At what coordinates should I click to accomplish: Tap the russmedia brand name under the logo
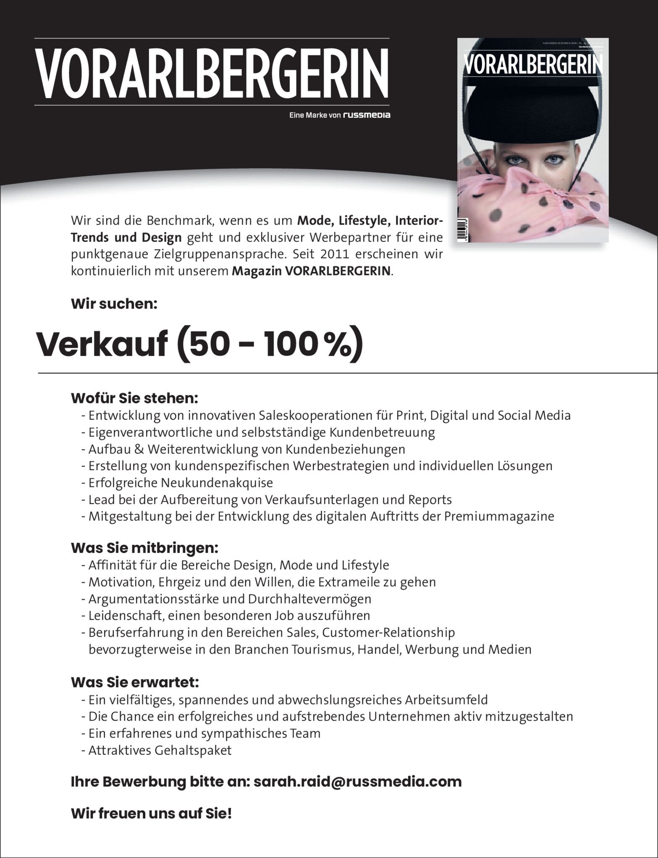click(x=366, y=115)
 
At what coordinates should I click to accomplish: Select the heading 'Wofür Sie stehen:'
click(x=134, y=398)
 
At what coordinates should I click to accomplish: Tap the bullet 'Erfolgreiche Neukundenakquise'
click(x=181, y=483)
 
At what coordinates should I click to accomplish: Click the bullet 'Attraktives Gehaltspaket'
click(x=160, y=750)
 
